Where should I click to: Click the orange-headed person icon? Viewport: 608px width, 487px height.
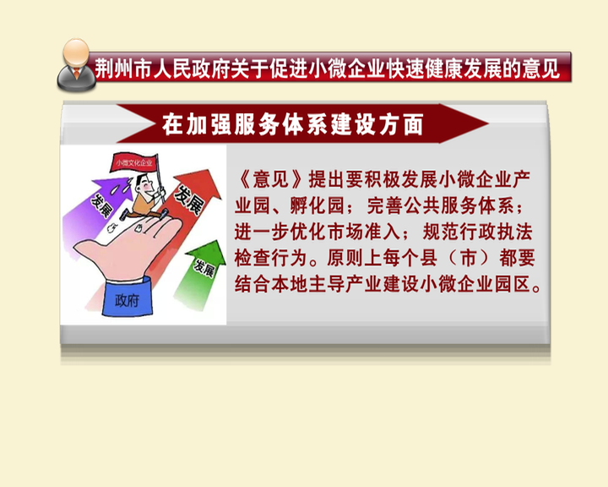click(x=76, y=64)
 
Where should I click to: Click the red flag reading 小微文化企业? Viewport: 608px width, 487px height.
click(x=134, y=162)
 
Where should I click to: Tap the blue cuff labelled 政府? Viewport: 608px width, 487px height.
click(x=127, y=296)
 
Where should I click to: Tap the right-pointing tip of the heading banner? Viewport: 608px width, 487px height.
click(x=488, y=123)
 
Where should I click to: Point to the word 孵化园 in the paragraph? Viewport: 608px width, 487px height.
click(x=318, y=205)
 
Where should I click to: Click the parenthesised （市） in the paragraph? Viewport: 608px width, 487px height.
click(x=468, y=258)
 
